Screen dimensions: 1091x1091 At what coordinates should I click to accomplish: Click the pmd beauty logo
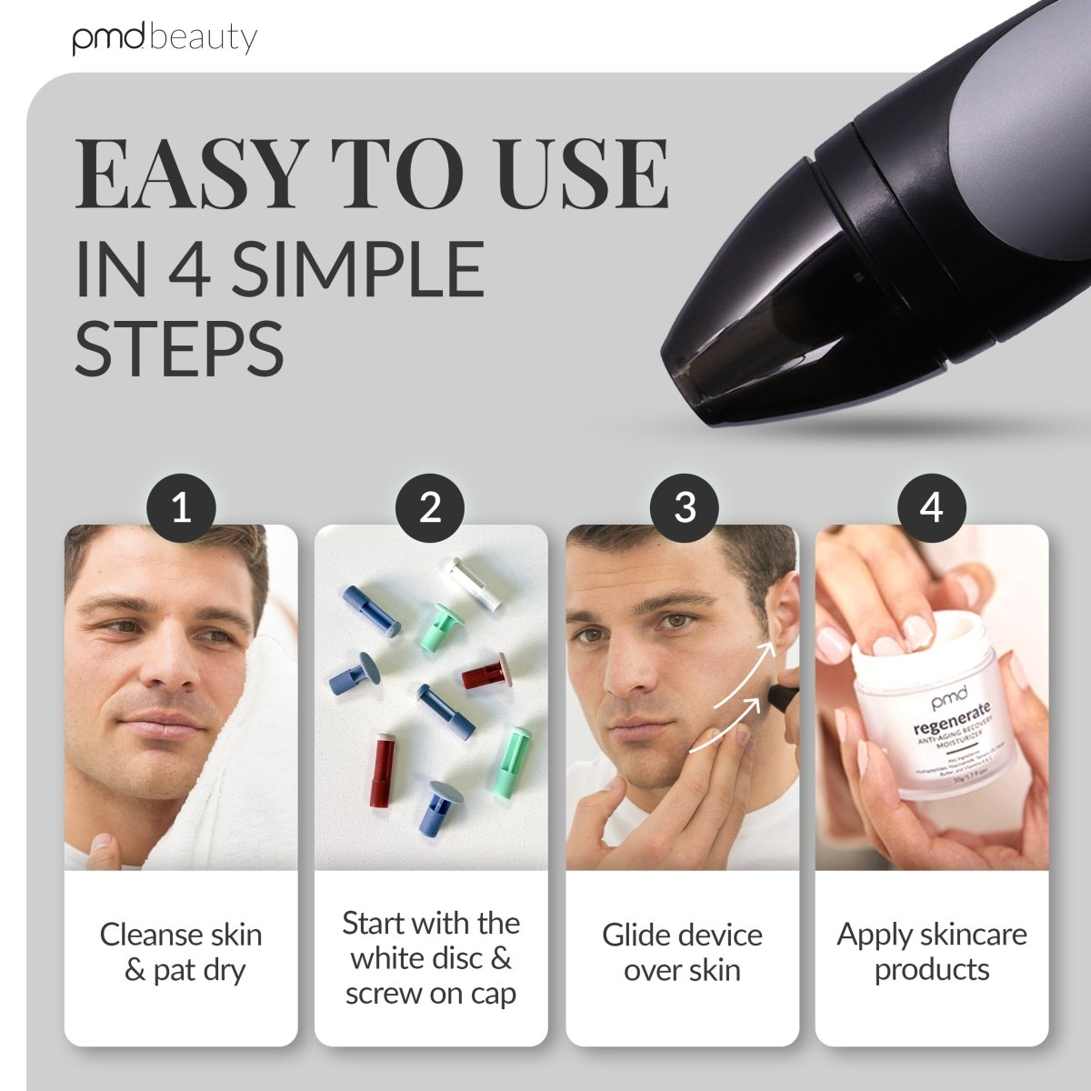165,38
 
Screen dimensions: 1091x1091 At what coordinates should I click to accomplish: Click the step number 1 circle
182,507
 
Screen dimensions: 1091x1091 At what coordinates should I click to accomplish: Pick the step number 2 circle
430,507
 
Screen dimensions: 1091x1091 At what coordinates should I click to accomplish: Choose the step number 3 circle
685,507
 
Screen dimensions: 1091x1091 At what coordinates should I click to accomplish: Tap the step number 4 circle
932,507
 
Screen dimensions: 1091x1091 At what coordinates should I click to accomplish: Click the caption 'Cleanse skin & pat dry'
181,952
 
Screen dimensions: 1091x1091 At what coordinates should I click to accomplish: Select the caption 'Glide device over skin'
682,952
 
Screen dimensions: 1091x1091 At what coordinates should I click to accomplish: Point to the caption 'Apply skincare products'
932,951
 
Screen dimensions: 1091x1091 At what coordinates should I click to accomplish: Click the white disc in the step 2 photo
473,582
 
